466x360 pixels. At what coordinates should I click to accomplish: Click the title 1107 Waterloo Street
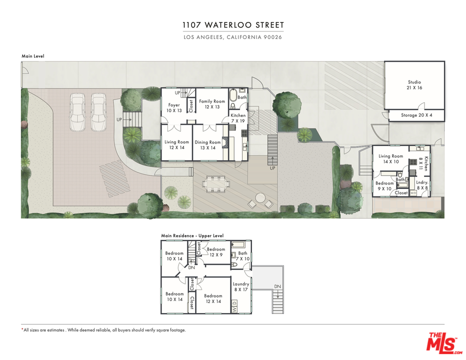point(232,25)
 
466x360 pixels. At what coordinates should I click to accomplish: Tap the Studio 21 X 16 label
point(414,85)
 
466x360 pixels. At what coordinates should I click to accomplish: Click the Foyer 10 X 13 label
point(173,107)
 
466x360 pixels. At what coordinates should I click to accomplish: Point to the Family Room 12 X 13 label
point(212,103)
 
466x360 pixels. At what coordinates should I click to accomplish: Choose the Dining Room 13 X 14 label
point(207,145)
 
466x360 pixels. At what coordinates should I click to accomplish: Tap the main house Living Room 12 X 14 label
point(177,145)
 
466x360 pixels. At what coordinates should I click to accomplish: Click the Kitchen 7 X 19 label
point(238,118)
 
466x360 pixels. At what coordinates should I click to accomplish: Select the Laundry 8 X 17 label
point(241,286)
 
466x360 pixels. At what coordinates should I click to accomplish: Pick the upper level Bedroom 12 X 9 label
point(216,251)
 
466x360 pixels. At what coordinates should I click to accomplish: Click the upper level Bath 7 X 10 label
point(242,256)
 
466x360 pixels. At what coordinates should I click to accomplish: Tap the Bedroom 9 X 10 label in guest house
point(385,185)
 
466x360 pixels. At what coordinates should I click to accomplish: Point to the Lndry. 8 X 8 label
point(422,185)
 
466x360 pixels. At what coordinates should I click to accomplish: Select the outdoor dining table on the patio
point(216,183)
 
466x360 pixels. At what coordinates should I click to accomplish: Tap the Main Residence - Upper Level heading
point(192,235)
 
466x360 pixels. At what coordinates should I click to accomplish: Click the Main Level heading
point(32,56)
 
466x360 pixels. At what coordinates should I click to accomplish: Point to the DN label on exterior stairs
point(277,286)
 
